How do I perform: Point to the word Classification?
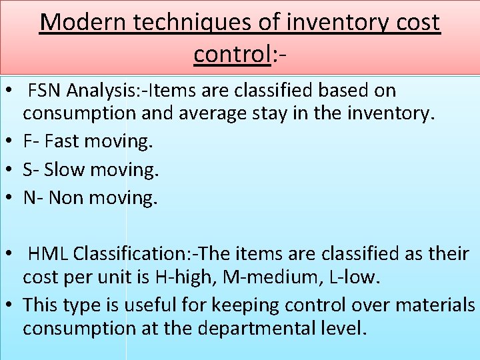coord(131,254)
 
